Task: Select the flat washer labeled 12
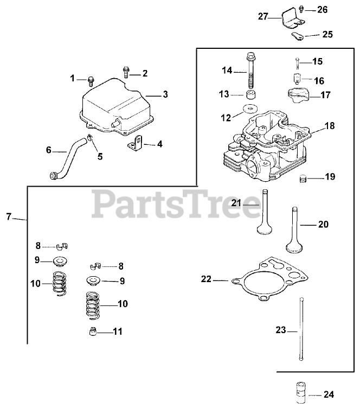pyautogui.click(x=251, y=108)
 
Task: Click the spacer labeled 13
pyautogui.click(x=251, y=94)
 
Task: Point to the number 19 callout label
pyautogui.click(x=330, y=177)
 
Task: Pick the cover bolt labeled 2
pyautogui.click(x=126, y=70)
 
